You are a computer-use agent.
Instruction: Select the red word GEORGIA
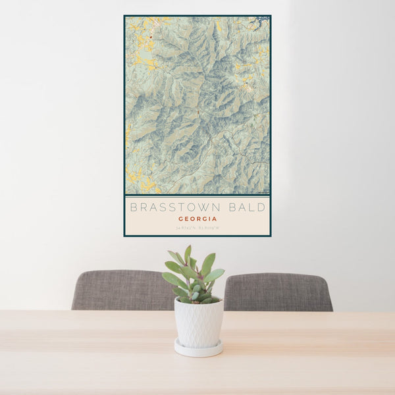click(x=197, y=219)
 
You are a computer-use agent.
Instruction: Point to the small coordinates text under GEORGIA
click(x=197, y=228)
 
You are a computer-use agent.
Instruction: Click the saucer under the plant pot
click(x=198, y=348)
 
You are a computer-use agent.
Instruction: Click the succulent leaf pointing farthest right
click(x=216, y=274)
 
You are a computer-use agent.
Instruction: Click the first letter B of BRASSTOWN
click(x=134, y=207)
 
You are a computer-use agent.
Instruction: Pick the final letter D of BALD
click(x=262, y=207)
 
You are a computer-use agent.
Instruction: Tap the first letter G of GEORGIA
click(x=181, y=219)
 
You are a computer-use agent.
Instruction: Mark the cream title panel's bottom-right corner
click(x=269, y=234)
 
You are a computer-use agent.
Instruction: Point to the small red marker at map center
click(x=198, y=116)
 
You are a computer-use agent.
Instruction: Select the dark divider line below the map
click(x=197, y=196)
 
